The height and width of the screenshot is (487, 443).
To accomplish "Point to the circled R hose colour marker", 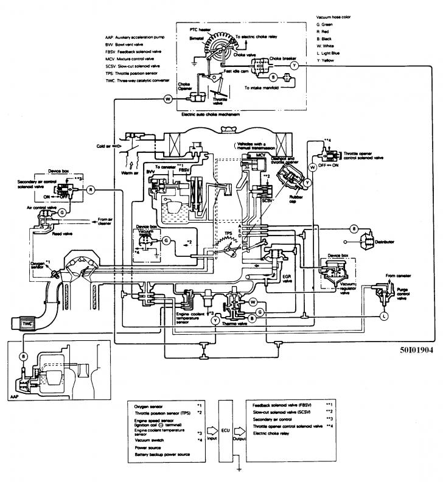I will coord(91,190).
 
